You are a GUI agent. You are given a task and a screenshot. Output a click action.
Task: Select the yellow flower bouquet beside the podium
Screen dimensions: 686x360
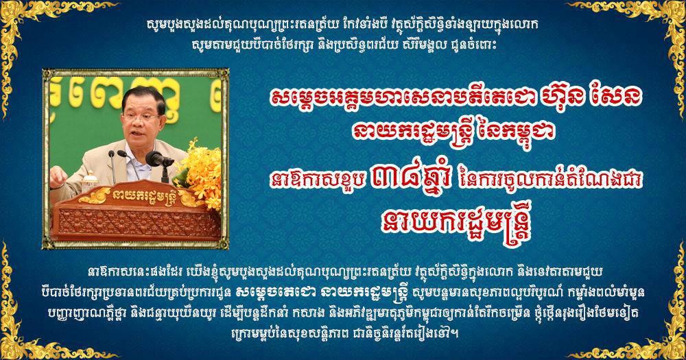tap(200, 171)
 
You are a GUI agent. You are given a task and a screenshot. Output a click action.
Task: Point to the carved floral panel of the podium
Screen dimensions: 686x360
tap(139, 224)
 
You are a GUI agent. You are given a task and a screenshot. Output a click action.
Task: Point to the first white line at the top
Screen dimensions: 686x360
tap(342, 25)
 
